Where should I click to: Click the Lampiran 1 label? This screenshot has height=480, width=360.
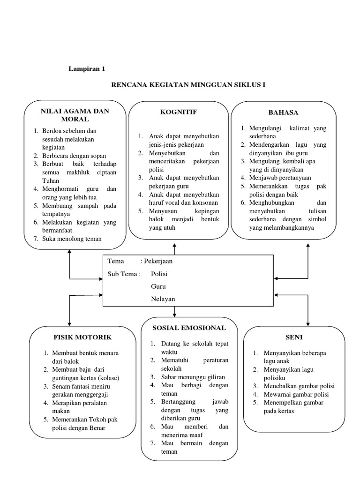(x=87, y=68)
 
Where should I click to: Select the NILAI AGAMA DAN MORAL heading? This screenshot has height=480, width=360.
(x=75, y=115)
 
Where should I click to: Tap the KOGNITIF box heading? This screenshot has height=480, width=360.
(x=178, y=112)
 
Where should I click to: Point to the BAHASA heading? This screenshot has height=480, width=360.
(x=283, y=112)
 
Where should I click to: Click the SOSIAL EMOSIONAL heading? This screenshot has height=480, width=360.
(x=189, y=328)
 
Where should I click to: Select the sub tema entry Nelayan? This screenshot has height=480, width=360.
(x=163, y=299)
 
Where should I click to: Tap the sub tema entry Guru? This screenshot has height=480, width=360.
(x=158, y=286)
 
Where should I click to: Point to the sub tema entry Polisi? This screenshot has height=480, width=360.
(x=159, y=274)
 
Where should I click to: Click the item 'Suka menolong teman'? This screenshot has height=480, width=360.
(x=72, y=239)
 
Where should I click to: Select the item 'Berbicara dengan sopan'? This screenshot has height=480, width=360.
(x=74, y=156)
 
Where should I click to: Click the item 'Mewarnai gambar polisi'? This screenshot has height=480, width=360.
(x=296, y=394)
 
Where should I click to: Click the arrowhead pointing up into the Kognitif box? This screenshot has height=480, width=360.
(x=174, y=244)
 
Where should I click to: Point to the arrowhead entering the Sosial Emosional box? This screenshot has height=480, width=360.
(x=174, y=314)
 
